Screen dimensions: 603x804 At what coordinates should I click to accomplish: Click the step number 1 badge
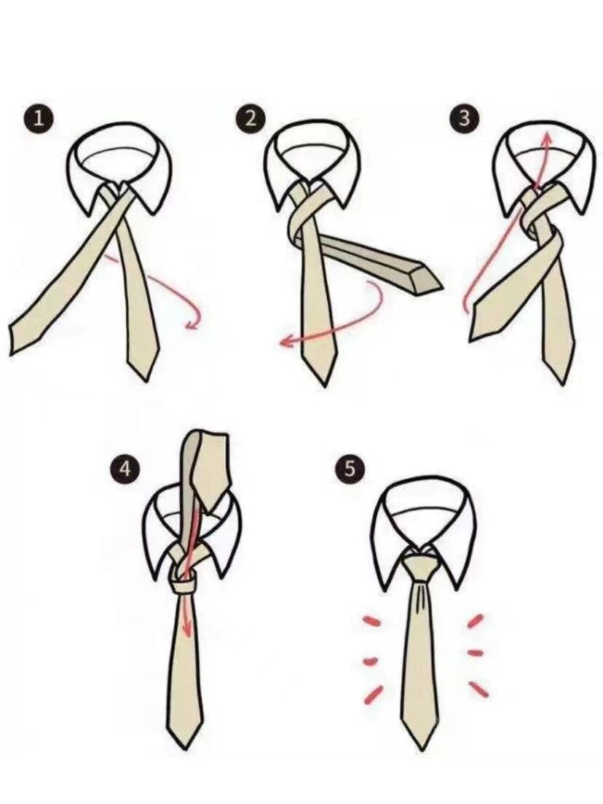37,119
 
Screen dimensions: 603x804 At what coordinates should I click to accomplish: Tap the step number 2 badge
250,119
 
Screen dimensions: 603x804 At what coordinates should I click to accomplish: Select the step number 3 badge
464,118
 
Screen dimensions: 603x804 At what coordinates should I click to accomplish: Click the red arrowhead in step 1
191,324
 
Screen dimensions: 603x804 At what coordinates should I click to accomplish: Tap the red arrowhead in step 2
285,341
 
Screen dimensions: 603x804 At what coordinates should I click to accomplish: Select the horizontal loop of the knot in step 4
184,585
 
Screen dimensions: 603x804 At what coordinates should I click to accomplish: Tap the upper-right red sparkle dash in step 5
476,620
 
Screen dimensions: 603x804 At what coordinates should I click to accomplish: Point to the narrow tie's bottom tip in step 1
149,378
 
